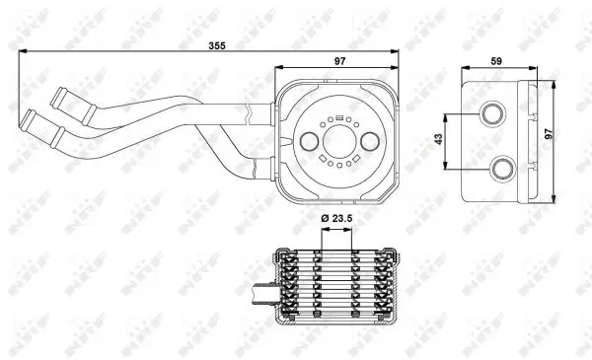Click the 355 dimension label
point(217,45)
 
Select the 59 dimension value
point(496,61)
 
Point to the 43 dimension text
point(438,139)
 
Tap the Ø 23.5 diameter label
point(336,218)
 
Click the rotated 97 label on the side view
point(549,133)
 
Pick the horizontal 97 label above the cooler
point(339,61)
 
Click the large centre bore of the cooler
point(338,141)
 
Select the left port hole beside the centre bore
point(309,141)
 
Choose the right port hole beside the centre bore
point(370,141)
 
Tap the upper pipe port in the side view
point(492,113)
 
